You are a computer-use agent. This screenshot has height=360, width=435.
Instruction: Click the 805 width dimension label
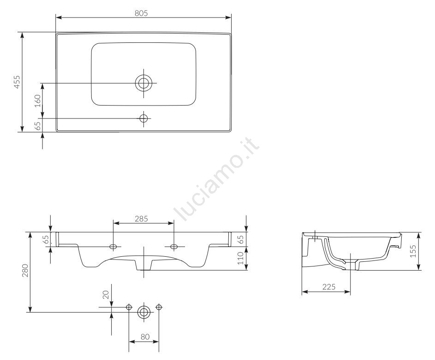[x=141, y=13]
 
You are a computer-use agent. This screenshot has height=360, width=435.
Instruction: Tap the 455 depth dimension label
[x=17, y=82]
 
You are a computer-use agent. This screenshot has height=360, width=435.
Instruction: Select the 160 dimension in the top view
[x=37, y=101]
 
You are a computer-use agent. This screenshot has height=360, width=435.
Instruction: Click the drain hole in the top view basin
[x=144, y=83]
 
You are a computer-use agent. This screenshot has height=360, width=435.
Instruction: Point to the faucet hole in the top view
[x=144, y=118]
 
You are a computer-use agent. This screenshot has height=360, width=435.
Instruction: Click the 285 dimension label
[x=142, y=218]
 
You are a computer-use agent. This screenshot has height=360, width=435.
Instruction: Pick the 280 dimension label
[x=25, y=271]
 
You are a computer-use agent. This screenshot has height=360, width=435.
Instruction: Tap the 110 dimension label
[x=240, y=258]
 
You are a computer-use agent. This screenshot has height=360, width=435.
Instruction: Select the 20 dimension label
[x=106, y=295]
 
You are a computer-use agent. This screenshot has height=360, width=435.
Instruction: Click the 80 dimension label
[x=145, y=336]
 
